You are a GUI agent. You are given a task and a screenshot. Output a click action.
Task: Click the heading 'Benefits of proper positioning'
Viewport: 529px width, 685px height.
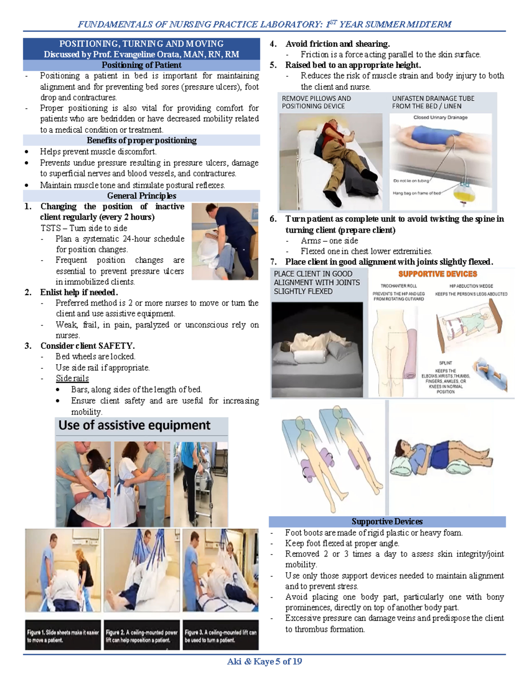142,141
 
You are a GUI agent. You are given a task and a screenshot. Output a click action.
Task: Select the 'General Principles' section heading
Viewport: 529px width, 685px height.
142,196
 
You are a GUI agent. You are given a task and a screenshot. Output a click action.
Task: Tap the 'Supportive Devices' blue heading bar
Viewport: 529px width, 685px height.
387,522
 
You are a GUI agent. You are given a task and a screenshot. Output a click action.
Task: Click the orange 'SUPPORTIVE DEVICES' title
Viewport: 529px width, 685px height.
437,274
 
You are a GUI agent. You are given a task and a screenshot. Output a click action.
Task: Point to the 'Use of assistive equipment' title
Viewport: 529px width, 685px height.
134,426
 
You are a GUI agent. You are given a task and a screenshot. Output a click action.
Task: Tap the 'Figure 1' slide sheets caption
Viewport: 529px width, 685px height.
63,636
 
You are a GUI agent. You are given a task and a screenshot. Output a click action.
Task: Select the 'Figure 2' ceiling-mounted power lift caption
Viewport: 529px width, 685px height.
142,636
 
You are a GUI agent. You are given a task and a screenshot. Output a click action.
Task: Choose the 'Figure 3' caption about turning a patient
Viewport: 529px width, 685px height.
220,636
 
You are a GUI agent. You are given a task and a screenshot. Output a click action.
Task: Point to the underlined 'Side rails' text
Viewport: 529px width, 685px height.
72,378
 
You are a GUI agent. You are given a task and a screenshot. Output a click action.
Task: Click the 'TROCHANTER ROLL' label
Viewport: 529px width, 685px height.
399,286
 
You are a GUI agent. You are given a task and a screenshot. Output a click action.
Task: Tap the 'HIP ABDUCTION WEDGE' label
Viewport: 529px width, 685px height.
471,286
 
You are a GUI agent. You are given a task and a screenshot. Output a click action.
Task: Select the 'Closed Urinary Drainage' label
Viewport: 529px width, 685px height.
440,118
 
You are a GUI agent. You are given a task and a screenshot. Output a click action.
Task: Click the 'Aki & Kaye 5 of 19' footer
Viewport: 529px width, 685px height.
264,662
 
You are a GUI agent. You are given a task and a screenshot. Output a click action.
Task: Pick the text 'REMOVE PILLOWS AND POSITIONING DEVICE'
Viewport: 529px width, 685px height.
317,102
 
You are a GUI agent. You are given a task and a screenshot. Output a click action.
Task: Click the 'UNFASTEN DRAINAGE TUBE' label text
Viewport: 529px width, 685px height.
433,99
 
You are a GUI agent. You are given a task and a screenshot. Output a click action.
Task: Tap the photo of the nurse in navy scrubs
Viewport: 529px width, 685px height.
225,241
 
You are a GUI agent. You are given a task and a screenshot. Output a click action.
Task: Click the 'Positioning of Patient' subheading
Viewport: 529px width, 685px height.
142,65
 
